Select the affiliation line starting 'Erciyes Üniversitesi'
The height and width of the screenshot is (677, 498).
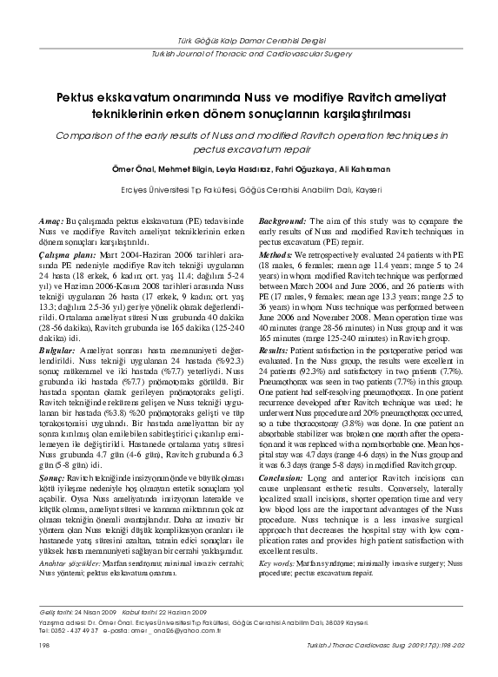click(x=249, y=189)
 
